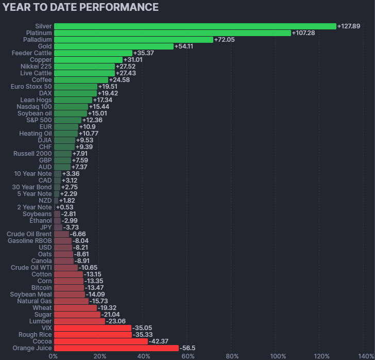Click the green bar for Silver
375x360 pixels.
tap(195, 26)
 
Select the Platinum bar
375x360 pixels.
tap(173, 33)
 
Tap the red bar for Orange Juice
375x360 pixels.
tap(116, 348)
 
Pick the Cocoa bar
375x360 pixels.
tap(101, 341)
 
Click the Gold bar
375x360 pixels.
tap(114, 46)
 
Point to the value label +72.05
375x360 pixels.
tap(225, 40)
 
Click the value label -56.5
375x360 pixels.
tap(187, 348)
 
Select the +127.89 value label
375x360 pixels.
tap(349, 26)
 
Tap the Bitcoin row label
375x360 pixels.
tap(42, 288)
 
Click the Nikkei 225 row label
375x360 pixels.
tap(36, 67)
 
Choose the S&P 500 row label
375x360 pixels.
tap(39, 120)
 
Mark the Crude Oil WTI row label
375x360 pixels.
tap(31, 268)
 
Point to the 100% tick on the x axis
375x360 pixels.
tap(278, 356)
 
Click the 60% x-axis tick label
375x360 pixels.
tap(188, 356)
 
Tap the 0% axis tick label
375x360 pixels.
tap(53, 356)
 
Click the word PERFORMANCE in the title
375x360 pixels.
tap(119, 7)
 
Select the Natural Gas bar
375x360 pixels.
tap(71, 301)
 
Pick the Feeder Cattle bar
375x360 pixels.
tap(93, 53)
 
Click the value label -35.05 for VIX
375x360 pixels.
tap(142, 328)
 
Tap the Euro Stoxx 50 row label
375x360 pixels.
tap(31, 87)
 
